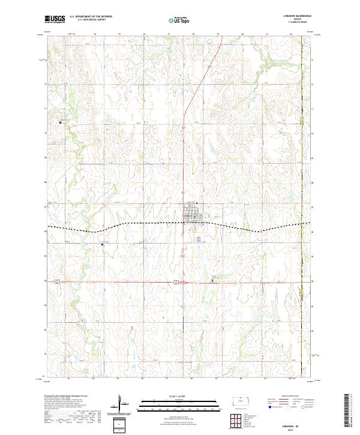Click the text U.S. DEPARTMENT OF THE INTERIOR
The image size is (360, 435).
click(x=91, y=17)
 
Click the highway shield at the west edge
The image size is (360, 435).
click(x=56, y=281)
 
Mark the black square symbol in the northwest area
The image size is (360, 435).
click(x=60, y=122)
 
